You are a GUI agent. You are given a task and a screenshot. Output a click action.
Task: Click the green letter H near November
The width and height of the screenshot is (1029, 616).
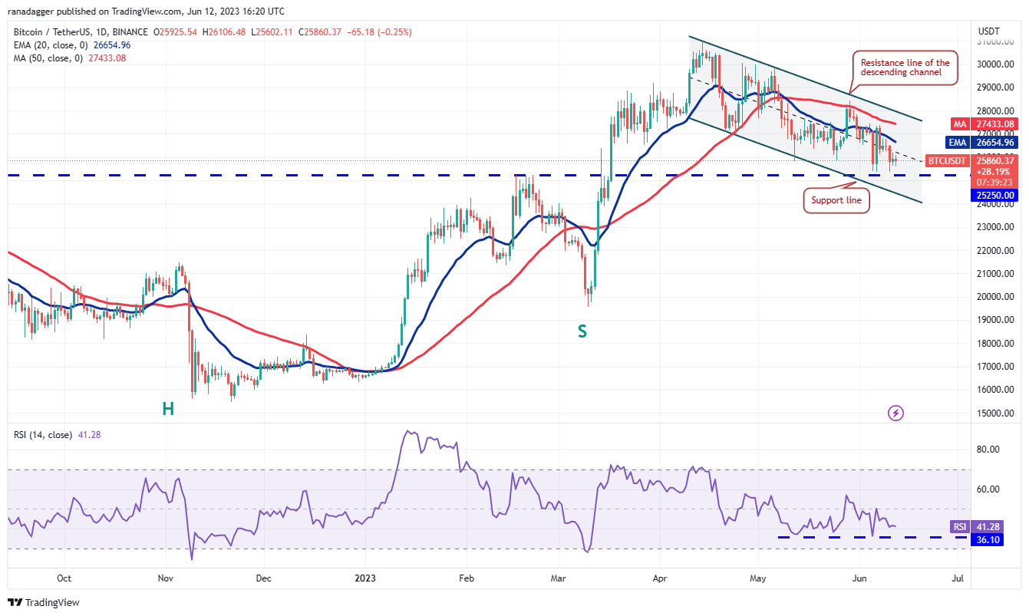168,409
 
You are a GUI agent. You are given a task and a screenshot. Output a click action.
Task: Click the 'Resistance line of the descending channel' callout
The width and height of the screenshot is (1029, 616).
905,68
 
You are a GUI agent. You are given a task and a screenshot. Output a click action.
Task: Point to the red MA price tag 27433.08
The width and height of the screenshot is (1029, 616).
994,124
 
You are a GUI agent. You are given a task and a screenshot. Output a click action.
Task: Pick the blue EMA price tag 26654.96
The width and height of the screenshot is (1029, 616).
994,142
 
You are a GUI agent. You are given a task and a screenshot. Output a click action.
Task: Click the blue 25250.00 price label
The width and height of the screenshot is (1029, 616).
994,195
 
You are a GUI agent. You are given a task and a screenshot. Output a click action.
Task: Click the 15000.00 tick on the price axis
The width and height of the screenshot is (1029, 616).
994,413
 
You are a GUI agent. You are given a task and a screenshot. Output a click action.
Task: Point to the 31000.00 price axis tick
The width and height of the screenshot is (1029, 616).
994,41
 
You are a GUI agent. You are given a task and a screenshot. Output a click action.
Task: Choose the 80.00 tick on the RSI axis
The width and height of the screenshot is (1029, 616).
989,450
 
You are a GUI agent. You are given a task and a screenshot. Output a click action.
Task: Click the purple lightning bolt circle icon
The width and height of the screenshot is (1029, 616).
895,413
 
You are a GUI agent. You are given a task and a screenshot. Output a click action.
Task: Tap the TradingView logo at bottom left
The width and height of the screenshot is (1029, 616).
44,603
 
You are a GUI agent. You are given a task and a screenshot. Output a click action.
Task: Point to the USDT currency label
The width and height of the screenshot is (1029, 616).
988,31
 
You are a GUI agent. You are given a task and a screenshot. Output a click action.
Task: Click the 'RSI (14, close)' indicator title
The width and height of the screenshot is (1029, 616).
43,435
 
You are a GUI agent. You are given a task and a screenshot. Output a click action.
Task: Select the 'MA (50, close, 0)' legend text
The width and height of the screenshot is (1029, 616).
46,58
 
